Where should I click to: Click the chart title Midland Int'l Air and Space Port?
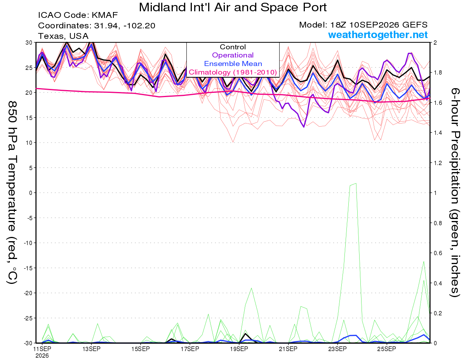(x=233, y=7)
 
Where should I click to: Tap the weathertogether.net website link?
(x=378, y=35)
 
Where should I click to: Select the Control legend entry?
(x=233, y=47)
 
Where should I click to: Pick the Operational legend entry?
(x=233, y=55)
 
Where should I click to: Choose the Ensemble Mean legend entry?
(x=233, y=64)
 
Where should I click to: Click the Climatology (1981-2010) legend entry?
(x=233, y=72)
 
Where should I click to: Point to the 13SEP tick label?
(x=91, y=349)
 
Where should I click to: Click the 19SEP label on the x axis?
(x=239, y=349)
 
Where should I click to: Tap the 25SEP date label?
(x=386, y=349)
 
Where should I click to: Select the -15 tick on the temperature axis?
(x=28, y=268)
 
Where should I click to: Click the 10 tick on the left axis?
(x=29, y=143)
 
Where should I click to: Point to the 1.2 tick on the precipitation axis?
(x=436, y=163)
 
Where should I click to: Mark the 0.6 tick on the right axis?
(x=436, y=253)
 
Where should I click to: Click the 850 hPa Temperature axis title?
(x=12, y=193)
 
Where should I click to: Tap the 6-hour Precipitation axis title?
(x=454, y=192)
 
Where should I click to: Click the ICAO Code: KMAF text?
(x=78, y=15)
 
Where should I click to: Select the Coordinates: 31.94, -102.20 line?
(x=97, y=26)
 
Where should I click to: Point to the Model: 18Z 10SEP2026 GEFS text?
(x=363, y=25)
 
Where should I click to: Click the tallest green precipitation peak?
(x=356, y=183)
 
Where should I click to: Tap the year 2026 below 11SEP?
(x=42, y=356)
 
